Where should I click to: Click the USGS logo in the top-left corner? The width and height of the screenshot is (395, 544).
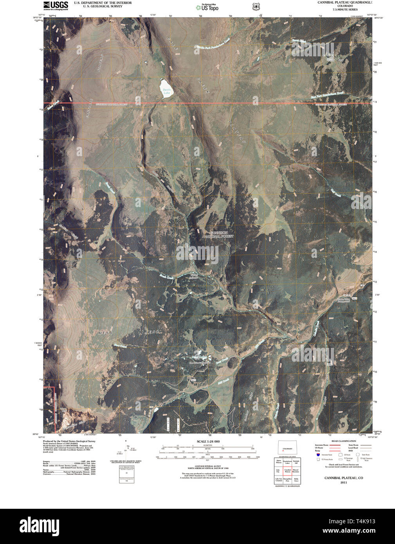click(56, 5)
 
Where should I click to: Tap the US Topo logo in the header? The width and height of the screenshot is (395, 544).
click(207, 7)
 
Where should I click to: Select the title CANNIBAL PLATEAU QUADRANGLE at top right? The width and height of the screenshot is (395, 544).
click(340, 2)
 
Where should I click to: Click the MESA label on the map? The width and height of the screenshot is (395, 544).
click(105, 333)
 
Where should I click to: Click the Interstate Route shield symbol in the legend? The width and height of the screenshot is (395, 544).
click(318, 455)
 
